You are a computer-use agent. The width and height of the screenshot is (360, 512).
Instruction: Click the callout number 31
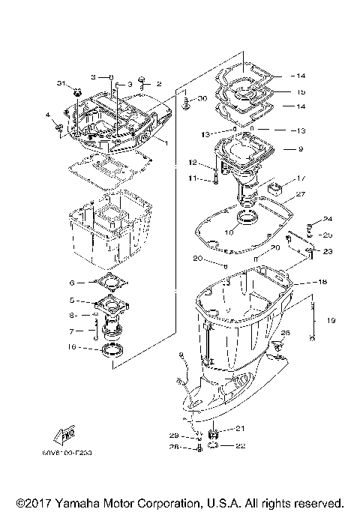(61, 82)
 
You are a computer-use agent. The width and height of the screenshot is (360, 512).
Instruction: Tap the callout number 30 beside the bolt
(202, 99)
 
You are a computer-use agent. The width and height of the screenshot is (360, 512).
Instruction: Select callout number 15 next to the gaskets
(301, 91)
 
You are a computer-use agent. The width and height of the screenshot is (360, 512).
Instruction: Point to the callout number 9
(301, 149)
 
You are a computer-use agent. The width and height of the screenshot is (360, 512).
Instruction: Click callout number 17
(301, 178)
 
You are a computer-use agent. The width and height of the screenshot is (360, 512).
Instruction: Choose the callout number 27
(301, 194)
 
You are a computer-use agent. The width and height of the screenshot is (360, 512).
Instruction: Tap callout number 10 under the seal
(229, 233)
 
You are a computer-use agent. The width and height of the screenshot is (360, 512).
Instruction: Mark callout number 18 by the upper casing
(301, 283)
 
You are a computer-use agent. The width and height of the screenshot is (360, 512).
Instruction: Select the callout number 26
(286, 333)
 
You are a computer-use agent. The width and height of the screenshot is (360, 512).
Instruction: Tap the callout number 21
(241, 429)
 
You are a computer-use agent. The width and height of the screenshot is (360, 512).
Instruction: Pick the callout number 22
(241, 447)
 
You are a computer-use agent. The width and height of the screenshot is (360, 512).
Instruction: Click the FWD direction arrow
(62, 436)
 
